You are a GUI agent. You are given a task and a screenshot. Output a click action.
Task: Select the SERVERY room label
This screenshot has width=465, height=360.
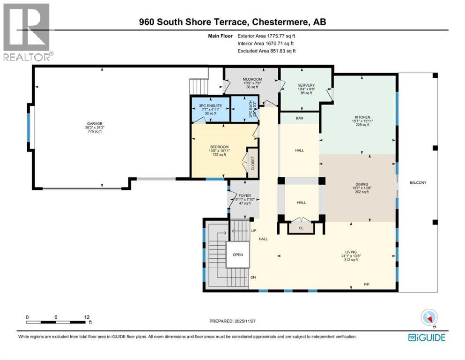click(x=306, y=85)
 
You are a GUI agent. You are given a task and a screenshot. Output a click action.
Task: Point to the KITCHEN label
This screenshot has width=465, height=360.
click(x=362, y=117)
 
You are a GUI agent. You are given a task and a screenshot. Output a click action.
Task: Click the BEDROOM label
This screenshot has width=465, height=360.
click(x=219, y=147)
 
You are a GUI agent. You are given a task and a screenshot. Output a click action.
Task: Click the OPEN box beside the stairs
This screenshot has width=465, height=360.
click(x=238, y=255)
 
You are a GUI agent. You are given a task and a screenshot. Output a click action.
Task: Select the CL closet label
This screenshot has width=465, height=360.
click(x=301, y=228)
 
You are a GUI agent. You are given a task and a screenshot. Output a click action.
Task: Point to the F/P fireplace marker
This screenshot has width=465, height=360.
click(x=367, y=285)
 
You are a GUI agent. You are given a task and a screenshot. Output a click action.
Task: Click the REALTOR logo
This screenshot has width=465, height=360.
click(x=26, y=31)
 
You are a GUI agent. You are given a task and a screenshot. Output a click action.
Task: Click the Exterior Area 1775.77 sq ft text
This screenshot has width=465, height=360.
click(x=266, y=35)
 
